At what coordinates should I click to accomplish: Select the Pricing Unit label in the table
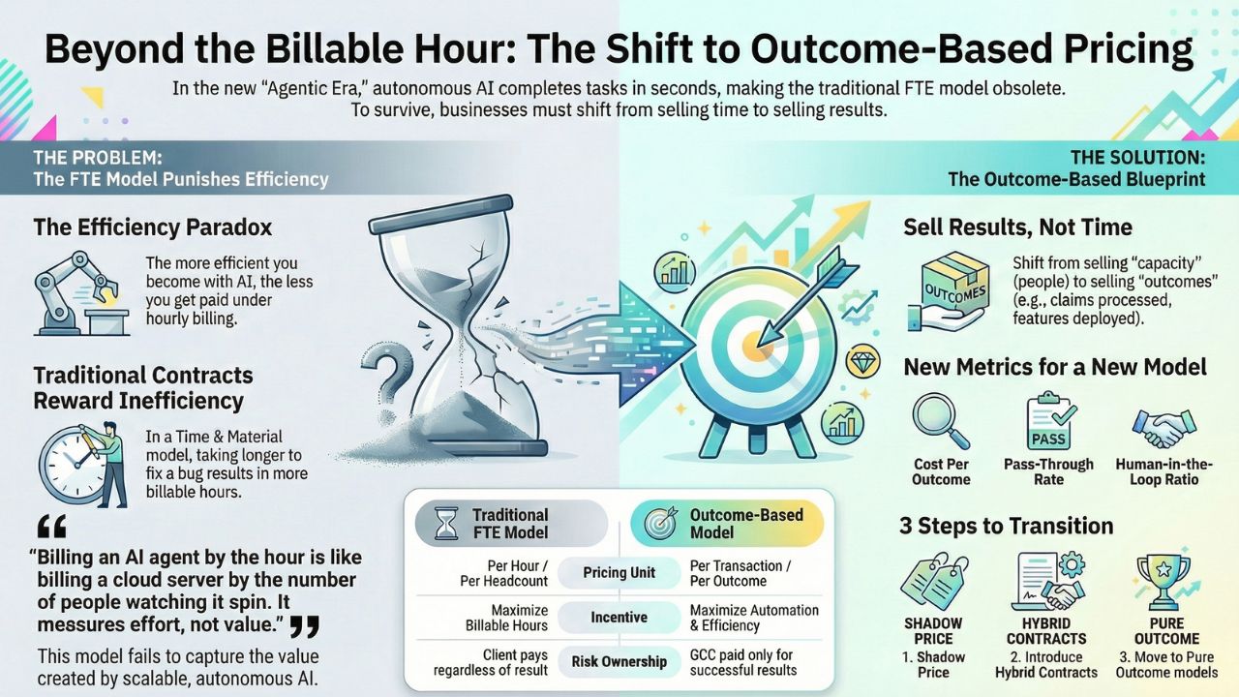[x=619, y=572]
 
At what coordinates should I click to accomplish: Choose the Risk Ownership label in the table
[x=619, y=662]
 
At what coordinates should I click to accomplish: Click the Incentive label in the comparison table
[x=619, y=617]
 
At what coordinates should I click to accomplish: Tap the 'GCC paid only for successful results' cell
[x=743, y=662]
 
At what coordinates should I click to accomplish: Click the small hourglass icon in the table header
[x=444, y=524]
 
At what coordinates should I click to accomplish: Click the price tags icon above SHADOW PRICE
[x=932, y=581]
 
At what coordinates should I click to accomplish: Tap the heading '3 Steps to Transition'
[x=1007, y=526]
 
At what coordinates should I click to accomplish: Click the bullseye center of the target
[x=750, y=344]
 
